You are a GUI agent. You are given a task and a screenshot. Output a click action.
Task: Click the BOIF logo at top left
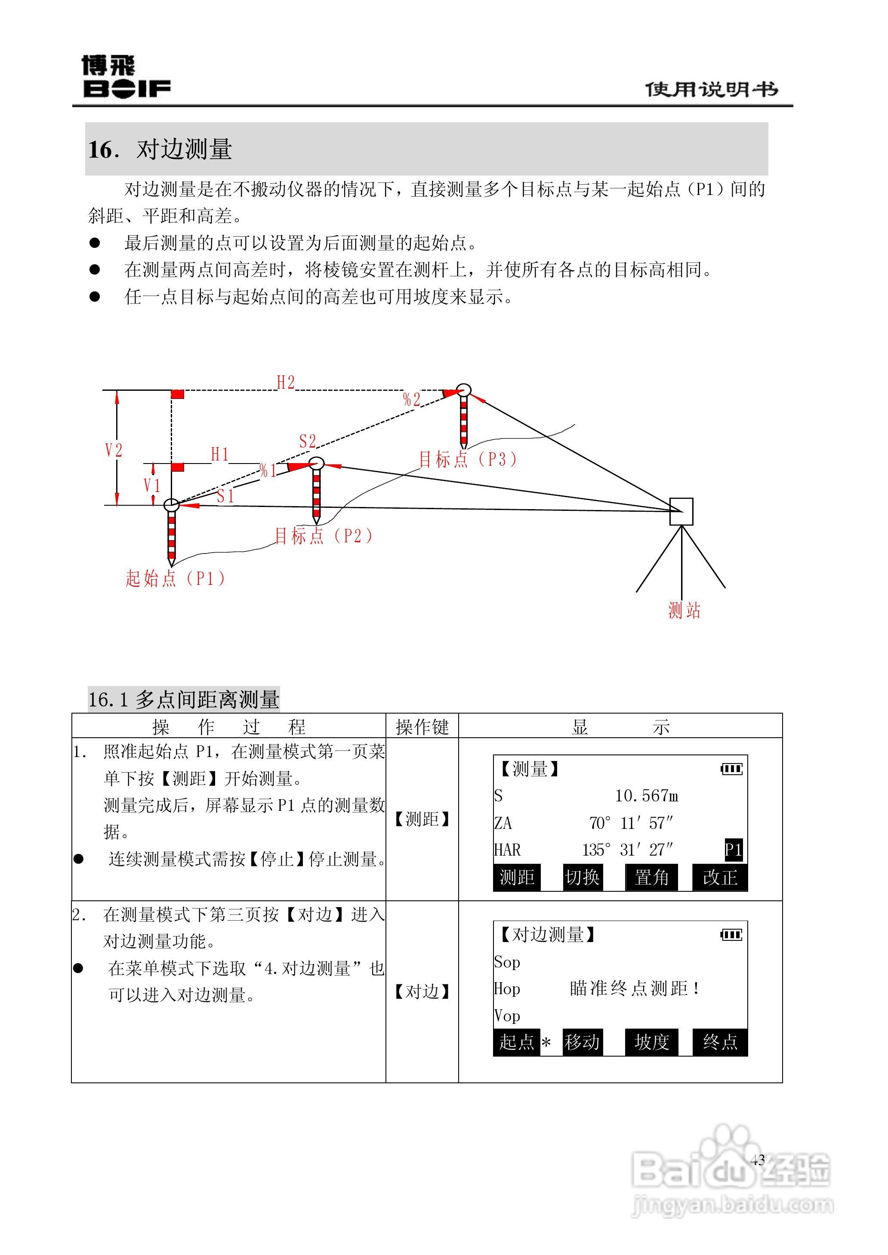[126, 77]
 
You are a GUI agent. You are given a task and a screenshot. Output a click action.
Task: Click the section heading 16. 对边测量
[160, 149]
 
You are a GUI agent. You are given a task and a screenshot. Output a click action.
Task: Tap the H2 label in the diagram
[285, 382]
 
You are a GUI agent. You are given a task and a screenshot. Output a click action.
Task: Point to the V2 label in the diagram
[114, 450]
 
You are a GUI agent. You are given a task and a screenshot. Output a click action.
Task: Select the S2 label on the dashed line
[307, 441]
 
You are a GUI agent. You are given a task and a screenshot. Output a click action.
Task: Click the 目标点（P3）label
[468, 459]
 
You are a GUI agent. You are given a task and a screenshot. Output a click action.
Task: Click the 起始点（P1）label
[175, 578]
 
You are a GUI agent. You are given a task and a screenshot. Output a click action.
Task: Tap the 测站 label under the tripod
[684, 610]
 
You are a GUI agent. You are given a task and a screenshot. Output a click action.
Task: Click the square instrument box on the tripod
[681, 511]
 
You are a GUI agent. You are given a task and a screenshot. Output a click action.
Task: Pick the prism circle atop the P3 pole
[464, 390]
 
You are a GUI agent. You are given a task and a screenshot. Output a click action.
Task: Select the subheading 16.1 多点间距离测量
[184, 699]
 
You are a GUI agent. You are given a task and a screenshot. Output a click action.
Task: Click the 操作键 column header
[422, 727]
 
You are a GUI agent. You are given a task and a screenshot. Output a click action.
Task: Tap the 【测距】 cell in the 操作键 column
[422, 819]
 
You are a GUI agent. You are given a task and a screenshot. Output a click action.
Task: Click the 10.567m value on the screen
[646, 796]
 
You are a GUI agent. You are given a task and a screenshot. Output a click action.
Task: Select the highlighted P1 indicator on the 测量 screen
[733, 849]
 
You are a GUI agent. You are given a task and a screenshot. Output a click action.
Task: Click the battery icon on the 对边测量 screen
[731, 934]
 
